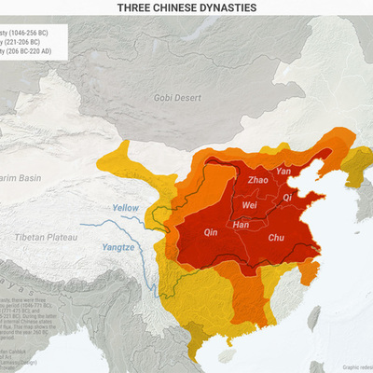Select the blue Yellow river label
tap(125, 207)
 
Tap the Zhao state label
tap(259, 179)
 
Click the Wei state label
tap(250, 205)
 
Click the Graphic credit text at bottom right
tap(356, 366)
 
